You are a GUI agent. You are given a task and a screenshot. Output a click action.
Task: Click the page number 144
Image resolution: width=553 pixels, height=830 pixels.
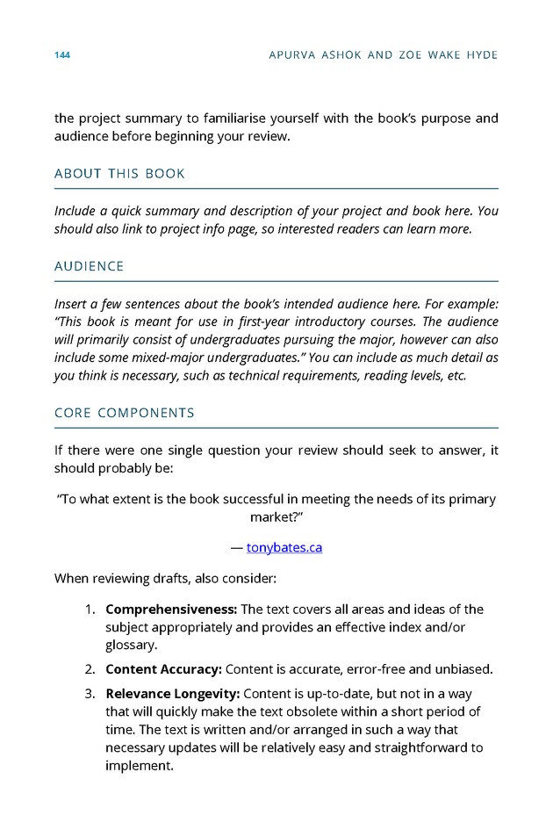[61, 55]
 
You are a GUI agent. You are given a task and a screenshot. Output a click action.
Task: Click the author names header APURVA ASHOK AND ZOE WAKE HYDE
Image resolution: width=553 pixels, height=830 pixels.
[384, 55]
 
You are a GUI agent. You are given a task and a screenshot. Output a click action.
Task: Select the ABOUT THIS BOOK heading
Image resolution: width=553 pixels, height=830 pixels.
[119, 174]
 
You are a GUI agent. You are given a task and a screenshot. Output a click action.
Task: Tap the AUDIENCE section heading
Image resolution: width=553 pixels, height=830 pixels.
[89, 266]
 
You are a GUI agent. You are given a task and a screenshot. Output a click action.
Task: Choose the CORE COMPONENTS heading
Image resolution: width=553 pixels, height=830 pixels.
[125, 413]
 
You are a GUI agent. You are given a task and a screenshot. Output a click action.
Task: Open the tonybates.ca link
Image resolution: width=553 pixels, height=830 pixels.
[284, 548]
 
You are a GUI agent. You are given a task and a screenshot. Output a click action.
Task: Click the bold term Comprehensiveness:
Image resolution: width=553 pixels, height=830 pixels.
[171, 610]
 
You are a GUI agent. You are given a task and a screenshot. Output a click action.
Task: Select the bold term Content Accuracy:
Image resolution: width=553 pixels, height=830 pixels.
[163, 669]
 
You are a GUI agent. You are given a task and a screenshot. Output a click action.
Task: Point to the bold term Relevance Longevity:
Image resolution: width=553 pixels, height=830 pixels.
[172, 693]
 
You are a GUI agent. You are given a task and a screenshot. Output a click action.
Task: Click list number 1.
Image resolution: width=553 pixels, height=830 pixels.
[90, 610]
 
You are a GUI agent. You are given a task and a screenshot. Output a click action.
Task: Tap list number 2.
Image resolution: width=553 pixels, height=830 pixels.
[90, 669]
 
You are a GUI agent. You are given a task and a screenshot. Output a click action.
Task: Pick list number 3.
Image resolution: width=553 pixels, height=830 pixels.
[90, 693]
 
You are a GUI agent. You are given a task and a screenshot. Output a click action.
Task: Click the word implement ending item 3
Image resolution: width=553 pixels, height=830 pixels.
[139, 765]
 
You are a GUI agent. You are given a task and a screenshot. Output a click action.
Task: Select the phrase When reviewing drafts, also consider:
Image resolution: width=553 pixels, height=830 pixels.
[165, 579]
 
